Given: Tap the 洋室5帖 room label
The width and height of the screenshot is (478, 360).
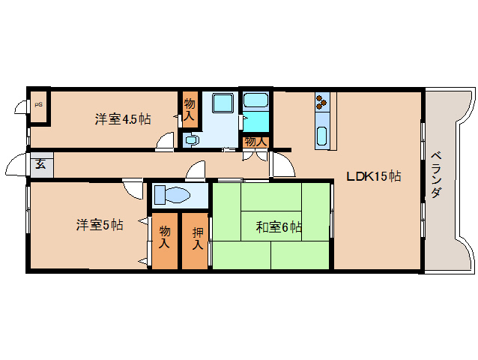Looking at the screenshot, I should pyautogui.click(x=99, y=224).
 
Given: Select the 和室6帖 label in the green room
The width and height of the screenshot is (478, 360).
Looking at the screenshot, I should pyautogui.click(x=278, y=226).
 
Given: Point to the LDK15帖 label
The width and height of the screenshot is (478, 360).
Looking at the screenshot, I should pyautogui.click(x=373, y=177).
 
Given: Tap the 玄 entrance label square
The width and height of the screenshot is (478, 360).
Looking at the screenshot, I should pyautogui.click(x=38, y=163).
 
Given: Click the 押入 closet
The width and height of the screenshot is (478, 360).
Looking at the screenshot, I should pyautogui.click(x=196, y=240).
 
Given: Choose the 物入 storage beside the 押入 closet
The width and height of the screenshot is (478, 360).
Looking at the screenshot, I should pyautogui.click(x=165, y=240).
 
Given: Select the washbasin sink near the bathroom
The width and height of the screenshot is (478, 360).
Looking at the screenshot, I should pyautogui.click(x=190, y=139).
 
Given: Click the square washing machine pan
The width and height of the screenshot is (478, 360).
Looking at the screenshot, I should pyautogui.click(x=222, y=104).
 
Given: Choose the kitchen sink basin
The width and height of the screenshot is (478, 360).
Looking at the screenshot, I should pyautogui.click(x=322, y=136).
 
